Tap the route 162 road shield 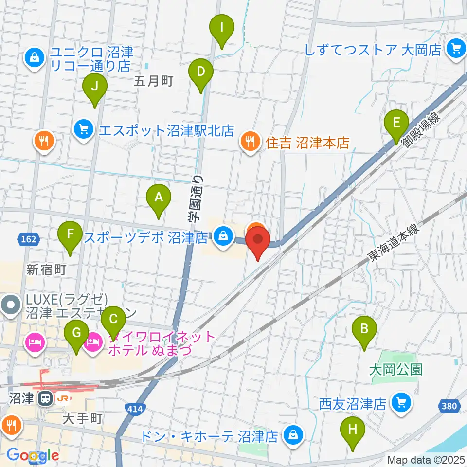(x=29, y=238)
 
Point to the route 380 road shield (x=450, y=405)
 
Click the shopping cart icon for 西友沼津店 (x=401, y=403)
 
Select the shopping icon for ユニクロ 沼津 (x=35, y=58)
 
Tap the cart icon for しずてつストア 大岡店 (x=456, y=49)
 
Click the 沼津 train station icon (x=45, y=399)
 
